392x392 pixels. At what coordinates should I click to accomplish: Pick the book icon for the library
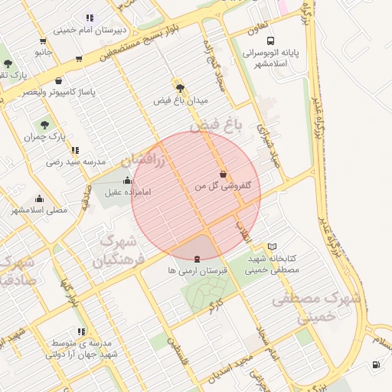(273, 247)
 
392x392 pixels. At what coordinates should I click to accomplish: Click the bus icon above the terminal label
(269, 41)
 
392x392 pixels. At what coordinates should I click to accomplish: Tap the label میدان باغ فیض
(181, 100)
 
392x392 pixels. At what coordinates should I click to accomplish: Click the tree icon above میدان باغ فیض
(181, 88)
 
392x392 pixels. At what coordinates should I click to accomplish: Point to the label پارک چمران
(41, 137)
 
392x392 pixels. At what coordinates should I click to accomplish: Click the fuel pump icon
(376, 364)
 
